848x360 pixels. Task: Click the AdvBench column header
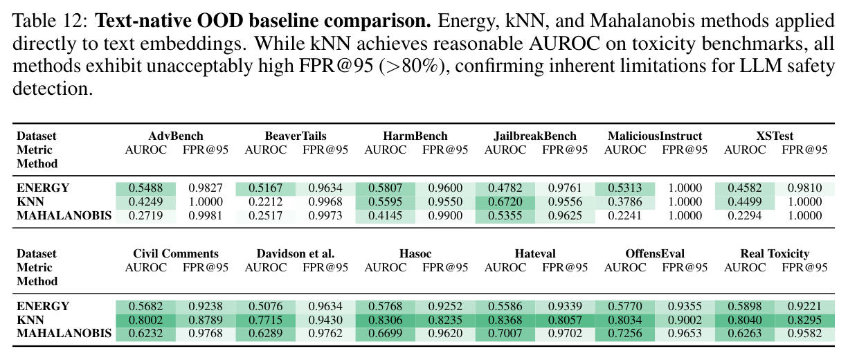click(176, 136)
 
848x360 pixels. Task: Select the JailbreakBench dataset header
click(535, 136)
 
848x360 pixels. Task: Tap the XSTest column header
click(775, 136)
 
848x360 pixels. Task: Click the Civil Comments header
click(176, 253)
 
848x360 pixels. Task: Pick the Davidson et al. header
click(296, 253)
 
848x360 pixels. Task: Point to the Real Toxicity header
click(775, 253)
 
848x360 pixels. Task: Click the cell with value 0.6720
click(505, 201)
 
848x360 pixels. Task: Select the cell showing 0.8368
click(505, 321)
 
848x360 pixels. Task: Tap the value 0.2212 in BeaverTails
click(265, 201)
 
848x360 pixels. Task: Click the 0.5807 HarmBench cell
click(385, 188)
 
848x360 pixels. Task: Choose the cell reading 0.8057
click(565, 321)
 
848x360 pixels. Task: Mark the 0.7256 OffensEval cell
click(625, 334)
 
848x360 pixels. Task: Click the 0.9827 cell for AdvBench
click(206, 188)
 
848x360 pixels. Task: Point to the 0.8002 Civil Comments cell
click(145, 321)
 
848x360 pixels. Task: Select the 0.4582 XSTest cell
click(745, 188)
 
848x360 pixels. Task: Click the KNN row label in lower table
click(30, 321)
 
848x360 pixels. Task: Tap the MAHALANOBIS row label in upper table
click(64, 216)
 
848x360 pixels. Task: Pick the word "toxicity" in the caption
click(664, 44)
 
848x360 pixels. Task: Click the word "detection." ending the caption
click(53, 89)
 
